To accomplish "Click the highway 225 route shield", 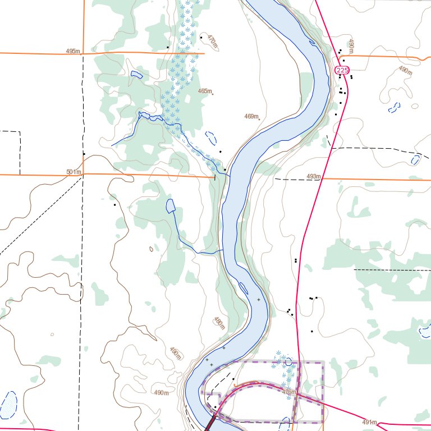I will click(x=342, y=70).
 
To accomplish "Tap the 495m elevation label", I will click(x=73, y=51).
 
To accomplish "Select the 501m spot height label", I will click(x=74, y=172).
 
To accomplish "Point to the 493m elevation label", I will click(x=314, y=177).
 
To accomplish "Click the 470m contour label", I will click(x=212, y=40).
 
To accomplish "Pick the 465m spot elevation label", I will click(x=205, y=91).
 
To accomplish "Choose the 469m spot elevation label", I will click(x=251, y=117).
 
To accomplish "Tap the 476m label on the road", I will click(x=289, y=392).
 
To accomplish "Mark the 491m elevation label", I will click(x=369, y=422).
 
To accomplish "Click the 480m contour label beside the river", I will click(x=219, y=323).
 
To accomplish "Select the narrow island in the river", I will click(x=244, y=288).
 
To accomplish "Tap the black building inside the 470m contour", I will click(x=201, y=37).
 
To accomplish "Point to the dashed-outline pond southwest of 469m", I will click(x=211, y=136).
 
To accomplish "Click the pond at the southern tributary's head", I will click(x=171, y=206).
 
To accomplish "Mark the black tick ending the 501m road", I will click(x=215, y=177).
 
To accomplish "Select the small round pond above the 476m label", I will click(x=288, y=363).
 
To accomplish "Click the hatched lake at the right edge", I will click(x=425, y=332).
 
